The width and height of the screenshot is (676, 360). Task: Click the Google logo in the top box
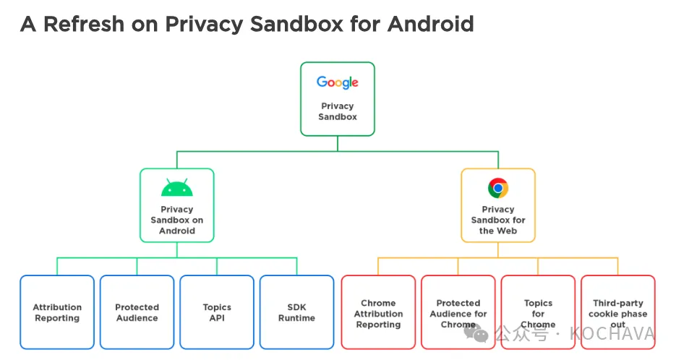click(337, 82)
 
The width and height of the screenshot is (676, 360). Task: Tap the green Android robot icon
click(176, 187)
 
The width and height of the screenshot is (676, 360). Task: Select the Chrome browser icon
click(498, 188)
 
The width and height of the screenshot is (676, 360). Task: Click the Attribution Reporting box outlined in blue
click(57, 312)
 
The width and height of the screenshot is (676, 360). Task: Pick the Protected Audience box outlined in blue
click(137, 312)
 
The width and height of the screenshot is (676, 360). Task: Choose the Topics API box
click(217, 312)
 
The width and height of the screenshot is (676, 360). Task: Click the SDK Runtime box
click(296, 312)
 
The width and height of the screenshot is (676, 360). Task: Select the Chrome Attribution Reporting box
click(378, 312)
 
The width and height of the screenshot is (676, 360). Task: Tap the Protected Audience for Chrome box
click(458, 312)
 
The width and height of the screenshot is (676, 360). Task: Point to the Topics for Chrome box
click(538, 312)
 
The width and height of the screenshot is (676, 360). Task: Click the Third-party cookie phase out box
click(617, 312)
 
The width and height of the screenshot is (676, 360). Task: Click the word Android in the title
click(430, 24)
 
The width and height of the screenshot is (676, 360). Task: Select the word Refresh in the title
click(84, 24)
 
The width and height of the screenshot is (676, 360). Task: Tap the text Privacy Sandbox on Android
click(176, 220)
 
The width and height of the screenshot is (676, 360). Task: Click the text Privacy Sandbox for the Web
click(498, 220)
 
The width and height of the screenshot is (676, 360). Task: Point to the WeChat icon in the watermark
click(476, 333)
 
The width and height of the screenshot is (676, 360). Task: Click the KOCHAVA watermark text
click(612, 334)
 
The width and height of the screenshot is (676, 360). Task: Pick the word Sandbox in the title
click(296, 24)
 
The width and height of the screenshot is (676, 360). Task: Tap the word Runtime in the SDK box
click(296, 318)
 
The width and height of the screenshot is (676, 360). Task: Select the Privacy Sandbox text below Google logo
click(337, 111)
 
